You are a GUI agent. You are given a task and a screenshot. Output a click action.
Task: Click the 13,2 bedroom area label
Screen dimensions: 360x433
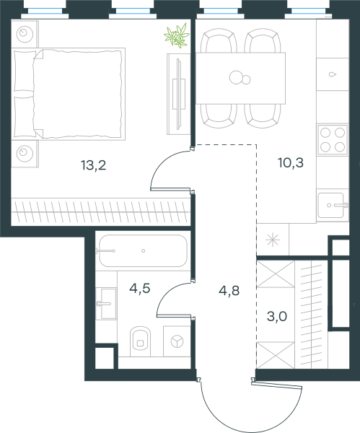[x=93, y=165]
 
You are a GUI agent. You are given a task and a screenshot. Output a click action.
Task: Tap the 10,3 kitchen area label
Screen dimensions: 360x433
[x=291, y=162]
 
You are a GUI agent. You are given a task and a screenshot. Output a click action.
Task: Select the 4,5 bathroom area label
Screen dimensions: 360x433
[x=140, y=289]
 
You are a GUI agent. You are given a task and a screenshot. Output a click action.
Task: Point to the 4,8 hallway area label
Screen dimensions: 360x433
[x=229, y=291]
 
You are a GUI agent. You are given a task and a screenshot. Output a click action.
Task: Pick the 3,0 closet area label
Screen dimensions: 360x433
[x=277, y=316]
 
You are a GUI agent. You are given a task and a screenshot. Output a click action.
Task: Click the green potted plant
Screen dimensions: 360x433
[x=177, y=35]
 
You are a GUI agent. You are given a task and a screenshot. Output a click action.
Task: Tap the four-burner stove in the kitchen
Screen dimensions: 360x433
[x=333, y=140]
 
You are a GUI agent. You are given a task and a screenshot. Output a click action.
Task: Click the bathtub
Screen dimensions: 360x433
[x=143, y=250]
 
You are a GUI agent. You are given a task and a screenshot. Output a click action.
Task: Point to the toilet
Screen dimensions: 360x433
[x=140, y=341]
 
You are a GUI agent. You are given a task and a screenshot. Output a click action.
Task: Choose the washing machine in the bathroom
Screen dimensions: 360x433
[x=177, y=341]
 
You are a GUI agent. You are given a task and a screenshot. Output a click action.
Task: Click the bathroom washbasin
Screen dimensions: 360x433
[x=106, y=304]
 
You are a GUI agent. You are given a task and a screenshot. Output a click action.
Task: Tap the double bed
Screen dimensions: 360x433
[x=69, y=94]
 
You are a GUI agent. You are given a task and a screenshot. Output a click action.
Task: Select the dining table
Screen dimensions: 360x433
[x=240, y=78]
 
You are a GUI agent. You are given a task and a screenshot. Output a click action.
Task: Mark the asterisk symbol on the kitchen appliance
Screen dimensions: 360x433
[x=273, y=240]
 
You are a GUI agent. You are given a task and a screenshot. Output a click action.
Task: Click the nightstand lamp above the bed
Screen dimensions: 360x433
[x=25, y=34]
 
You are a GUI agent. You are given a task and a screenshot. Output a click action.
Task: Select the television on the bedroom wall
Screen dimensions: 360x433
[x=179, y=94]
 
